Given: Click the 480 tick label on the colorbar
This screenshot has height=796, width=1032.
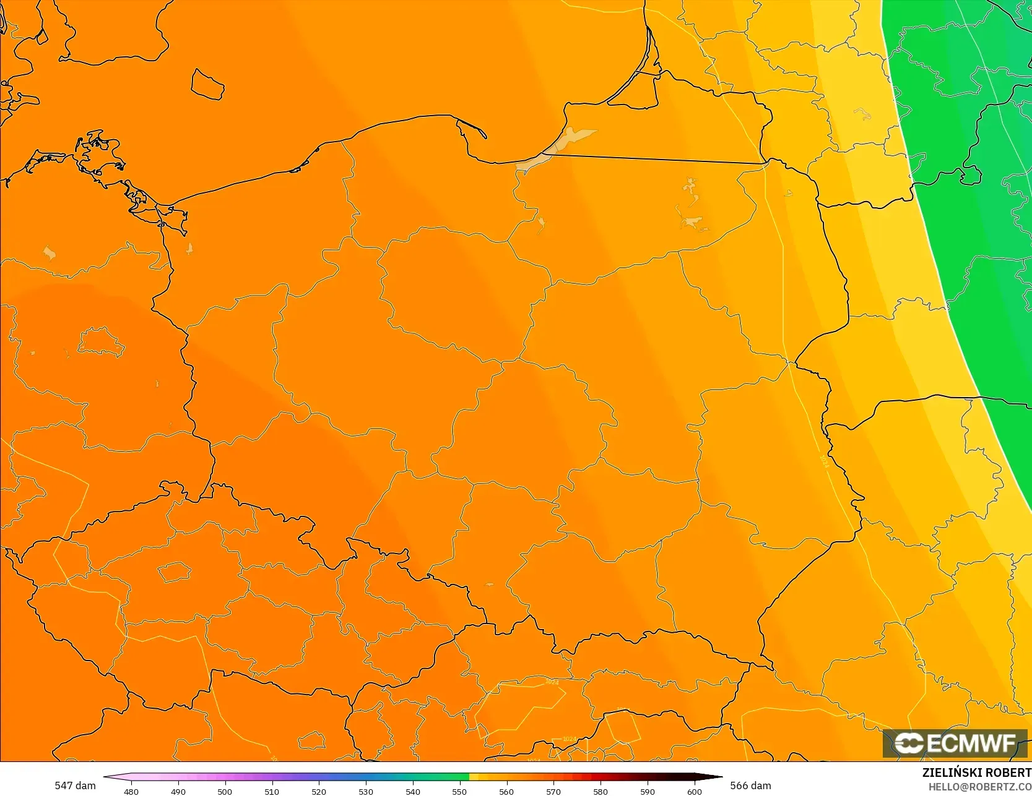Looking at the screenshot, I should coord(131,792).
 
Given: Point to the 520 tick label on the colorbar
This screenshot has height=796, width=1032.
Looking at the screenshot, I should coord(319,792).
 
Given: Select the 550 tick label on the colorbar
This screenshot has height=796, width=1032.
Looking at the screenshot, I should coord(459,792).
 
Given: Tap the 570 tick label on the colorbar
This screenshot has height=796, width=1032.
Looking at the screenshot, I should coord(553,792).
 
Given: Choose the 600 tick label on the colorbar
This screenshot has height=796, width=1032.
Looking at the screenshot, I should coord(695,792).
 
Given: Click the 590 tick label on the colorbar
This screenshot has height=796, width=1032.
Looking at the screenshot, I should coord(648,792).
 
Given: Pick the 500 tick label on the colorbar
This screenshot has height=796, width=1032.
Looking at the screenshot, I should coord(225,792).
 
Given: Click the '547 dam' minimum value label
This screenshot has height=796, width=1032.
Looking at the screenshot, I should coord(75,785).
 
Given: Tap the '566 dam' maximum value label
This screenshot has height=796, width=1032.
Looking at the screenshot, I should coord(750,785).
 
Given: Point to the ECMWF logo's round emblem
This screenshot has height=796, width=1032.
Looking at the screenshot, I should coord(909,743).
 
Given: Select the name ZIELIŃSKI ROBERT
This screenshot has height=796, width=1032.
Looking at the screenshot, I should coord(976,772).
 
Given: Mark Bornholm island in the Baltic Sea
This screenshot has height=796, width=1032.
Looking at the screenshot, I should coord(207,84).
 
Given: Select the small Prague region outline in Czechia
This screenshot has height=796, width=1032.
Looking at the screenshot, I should coord(175,572).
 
